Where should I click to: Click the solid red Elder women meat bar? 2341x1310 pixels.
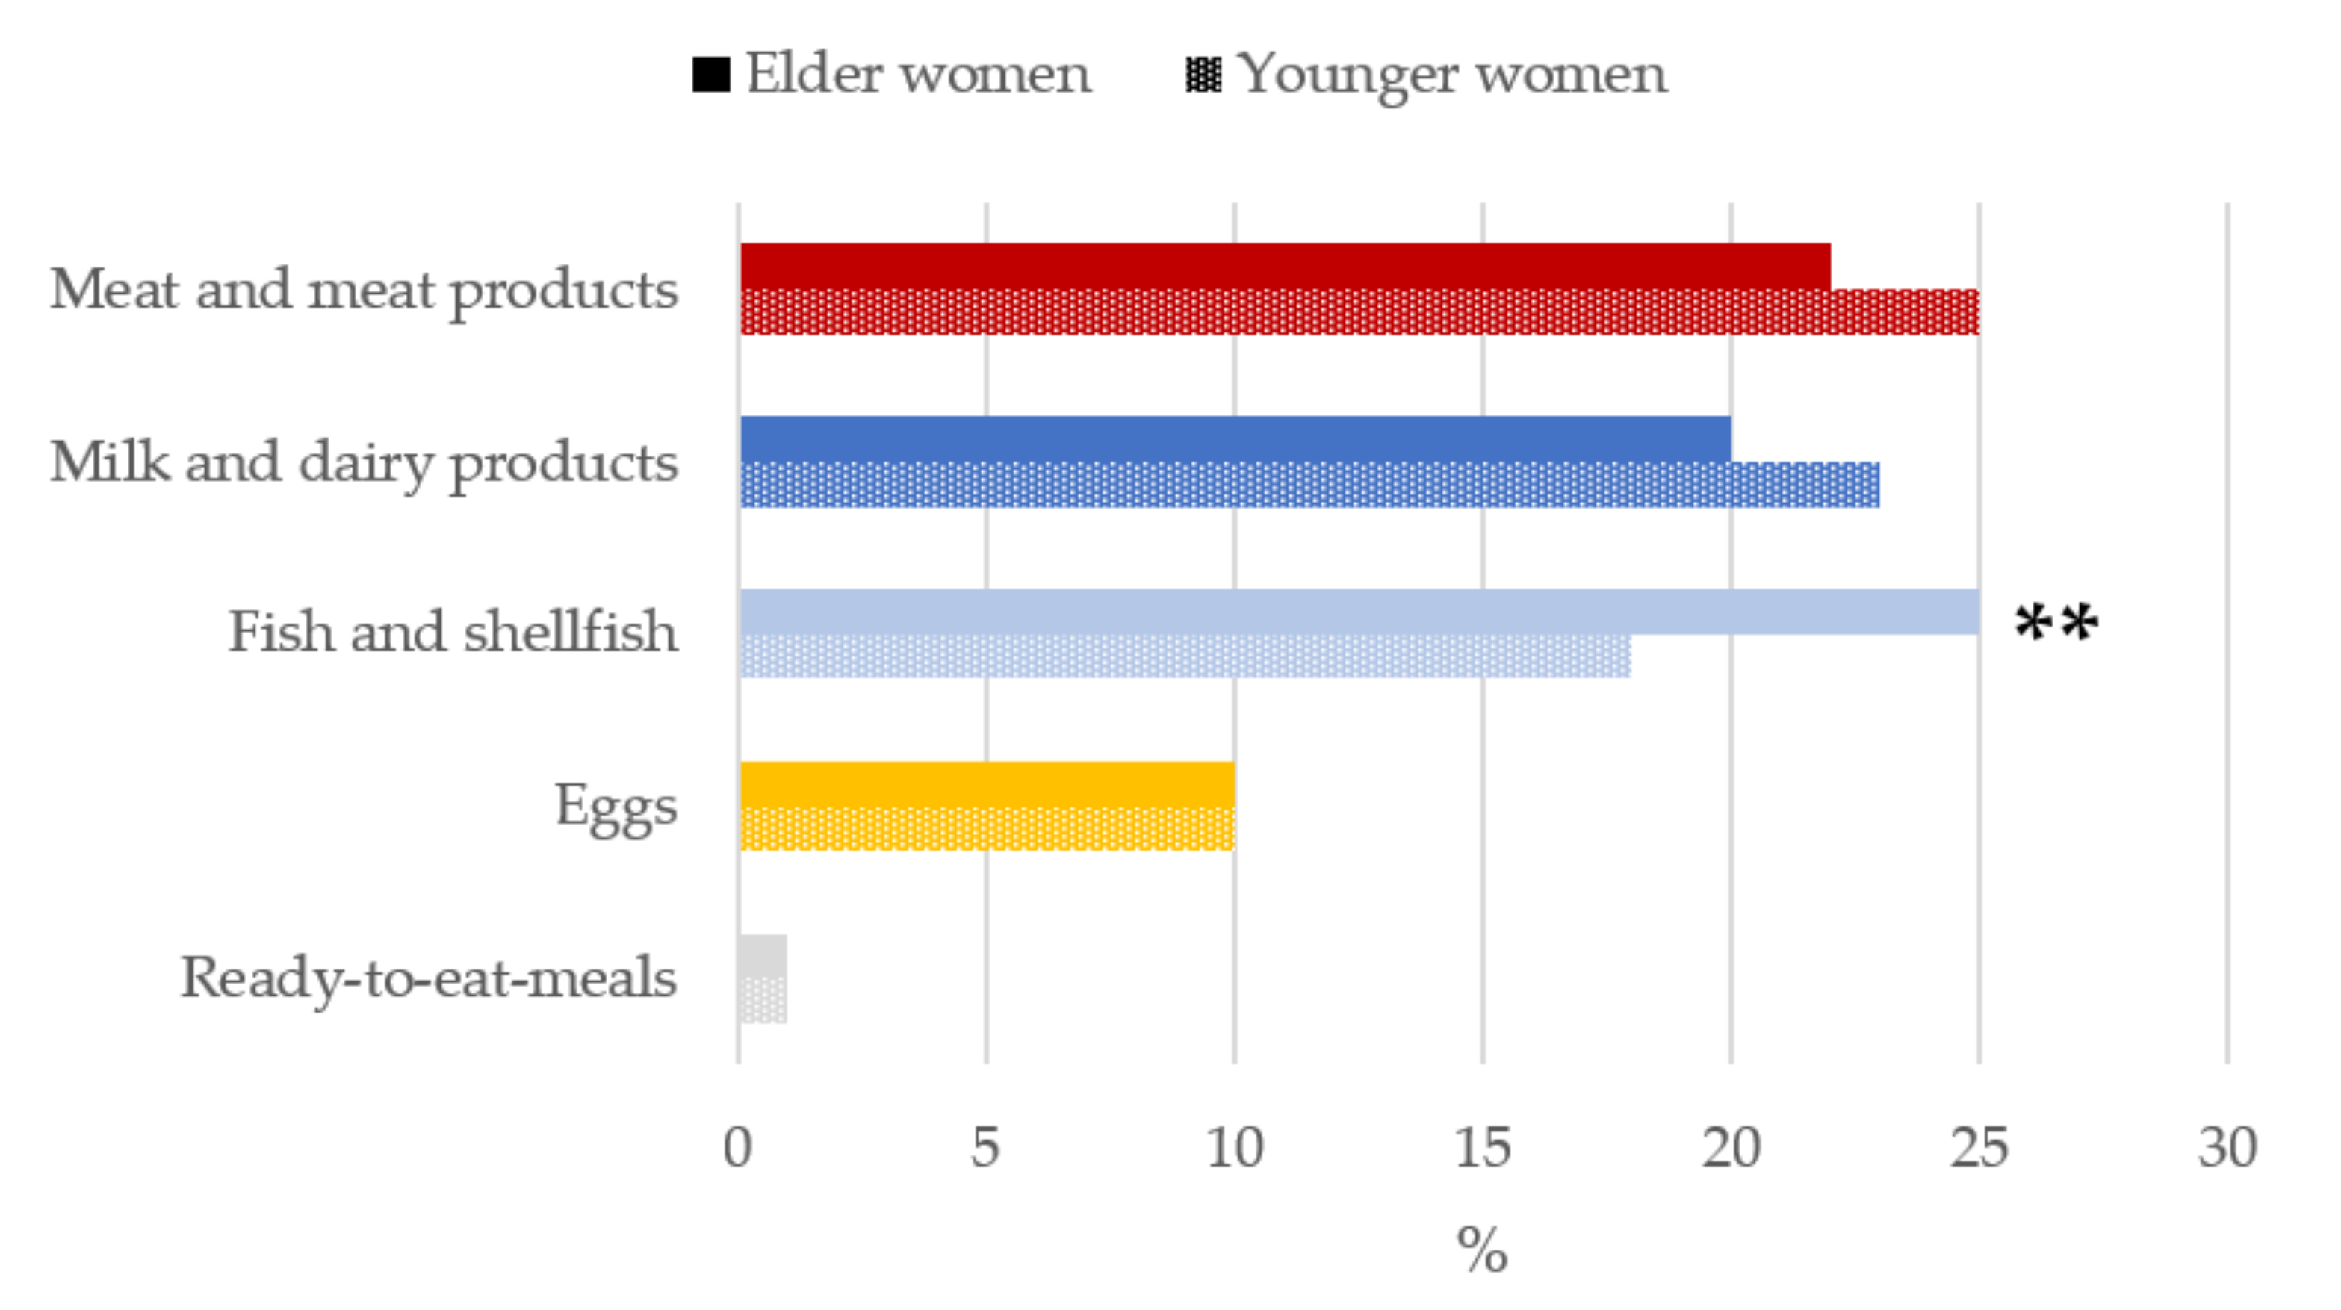coord(1285,265)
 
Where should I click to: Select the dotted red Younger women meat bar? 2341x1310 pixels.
coord(1359,311)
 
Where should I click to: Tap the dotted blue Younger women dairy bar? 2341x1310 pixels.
coord(1309,484)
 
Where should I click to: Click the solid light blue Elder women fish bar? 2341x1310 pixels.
coord(1359,612)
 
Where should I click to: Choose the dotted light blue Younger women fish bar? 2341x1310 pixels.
coord(1185,656)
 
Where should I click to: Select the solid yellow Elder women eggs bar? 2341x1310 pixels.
coord(987,784)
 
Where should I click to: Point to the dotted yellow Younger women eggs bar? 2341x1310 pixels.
coord(987,828)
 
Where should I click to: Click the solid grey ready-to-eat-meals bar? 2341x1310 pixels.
coord(763,956)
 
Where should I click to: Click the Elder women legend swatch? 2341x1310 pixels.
coord(710,75)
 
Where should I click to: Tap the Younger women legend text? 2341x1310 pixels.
coord(1451,75)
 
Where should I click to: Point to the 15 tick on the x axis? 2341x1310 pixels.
coord(1482,1147)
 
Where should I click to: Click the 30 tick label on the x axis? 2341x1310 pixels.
coord(2227,1147)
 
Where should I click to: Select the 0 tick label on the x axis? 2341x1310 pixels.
coord(738,1147)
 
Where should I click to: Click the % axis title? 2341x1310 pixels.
coord(1482,1250)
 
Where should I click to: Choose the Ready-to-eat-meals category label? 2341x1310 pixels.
coord(428,978)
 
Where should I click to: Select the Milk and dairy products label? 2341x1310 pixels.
coord(364,462)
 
